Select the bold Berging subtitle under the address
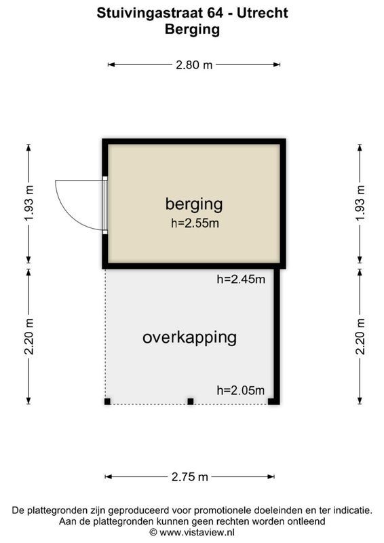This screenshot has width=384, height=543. point(193,29)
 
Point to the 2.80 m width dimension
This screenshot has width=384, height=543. point(194,65)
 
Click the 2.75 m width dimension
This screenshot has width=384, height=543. point(191,477)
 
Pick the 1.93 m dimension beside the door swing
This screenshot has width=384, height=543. point(28,204)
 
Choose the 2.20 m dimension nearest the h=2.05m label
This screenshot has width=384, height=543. point(360,336)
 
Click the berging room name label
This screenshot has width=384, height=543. point(194,204)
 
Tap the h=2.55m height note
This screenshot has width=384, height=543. point(194,223)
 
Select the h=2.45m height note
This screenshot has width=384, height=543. point(240,278)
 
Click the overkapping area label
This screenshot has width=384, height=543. point(189,337)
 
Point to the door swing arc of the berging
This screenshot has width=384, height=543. point(71,204)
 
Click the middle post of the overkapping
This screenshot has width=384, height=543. point(191,402)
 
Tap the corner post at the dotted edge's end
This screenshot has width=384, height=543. point(107,402)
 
